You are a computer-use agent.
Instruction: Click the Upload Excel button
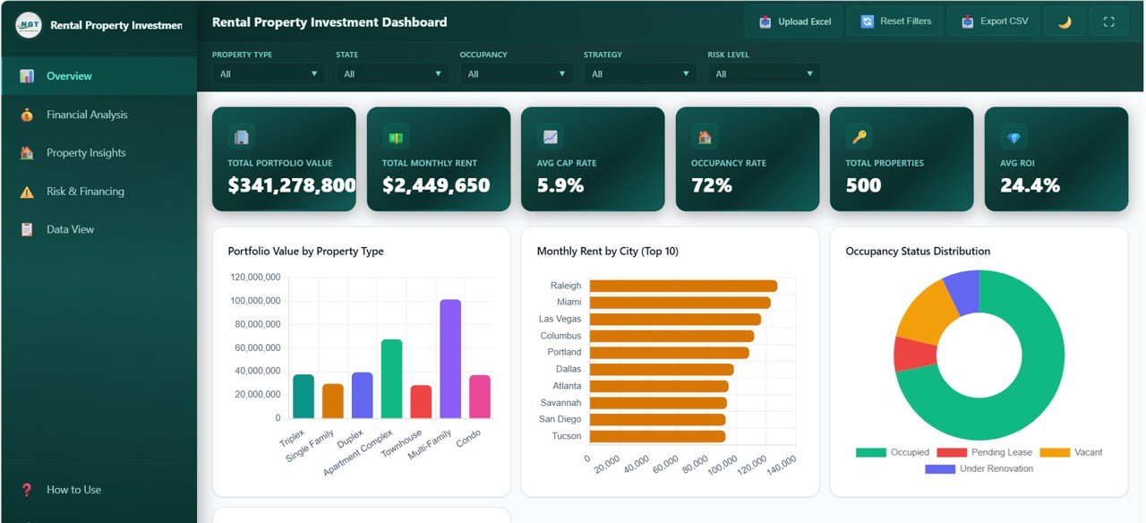[x=793, y=21]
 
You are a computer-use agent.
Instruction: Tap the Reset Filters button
[x=895, y=21]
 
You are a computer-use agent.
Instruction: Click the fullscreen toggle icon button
[x=1108, y=21]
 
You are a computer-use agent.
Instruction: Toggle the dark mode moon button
[x=1064, y=21]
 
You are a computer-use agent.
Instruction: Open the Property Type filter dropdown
[x=269, y=73]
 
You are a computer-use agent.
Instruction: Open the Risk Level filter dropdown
[x=764, y=73]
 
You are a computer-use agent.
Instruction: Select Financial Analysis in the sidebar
[x=87, y=115]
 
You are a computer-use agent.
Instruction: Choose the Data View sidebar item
[x=70, y=229]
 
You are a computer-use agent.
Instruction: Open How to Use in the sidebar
[x=73, y=490]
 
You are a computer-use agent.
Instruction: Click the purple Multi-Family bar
[x=450, y=359]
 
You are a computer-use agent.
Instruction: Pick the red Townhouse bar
[x=421, y=401]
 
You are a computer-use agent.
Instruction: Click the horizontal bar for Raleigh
[x=682, y=286]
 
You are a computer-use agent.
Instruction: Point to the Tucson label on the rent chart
[x=566, y=436]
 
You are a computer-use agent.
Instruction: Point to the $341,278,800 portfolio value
[x=292, y=185]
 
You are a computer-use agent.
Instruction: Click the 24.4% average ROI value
[x=1030, y=185]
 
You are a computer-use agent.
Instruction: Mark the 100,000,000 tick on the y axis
[x=255, y=301]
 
